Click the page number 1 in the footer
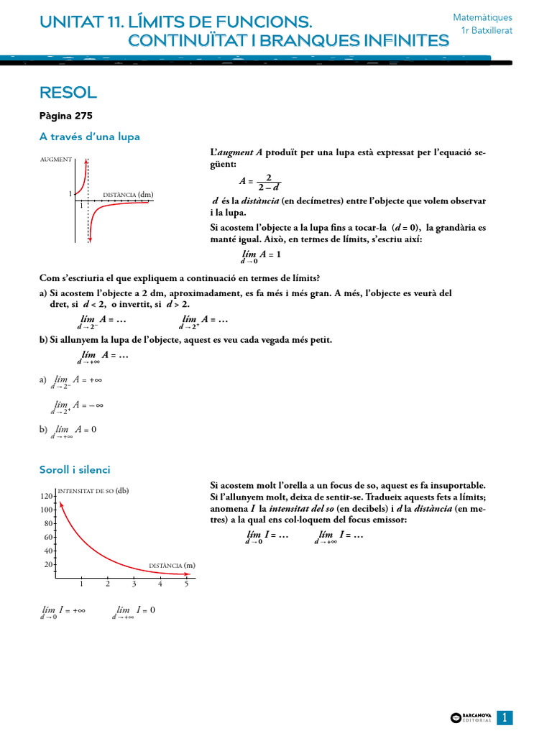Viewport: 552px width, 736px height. click(x=505, y=717)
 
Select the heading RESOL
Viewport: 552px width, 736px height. click(x=68, y=93)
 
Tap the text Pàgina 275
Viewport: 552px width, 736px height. click(x=66, y=115)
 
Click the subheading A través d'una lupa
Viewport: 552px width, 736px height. click(x=89, y=137)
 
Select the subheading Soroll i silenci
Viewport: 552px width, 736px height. click(x=75, y=469)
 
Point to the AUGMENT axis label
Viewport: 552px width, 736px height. click(x=56, y=159)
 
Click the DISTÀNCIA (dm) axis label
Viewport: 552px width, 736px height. click(x=129, y=194)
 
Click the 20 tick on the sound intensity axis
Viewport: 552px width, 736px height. click(x=48, y=564)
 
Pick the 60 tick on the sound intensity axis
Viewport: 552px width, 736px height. click(x=48, y=538)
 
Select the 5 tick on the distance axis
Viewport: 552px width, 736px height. click(x=186, y=584)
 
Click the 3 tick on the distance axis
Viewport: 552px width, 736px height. click(x=134, y=584)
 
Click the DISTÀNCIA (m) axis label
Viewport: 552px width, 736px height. click(x=172, y=566)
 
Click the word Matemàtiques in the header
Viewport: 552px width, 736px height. click(x=482, y=17)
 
